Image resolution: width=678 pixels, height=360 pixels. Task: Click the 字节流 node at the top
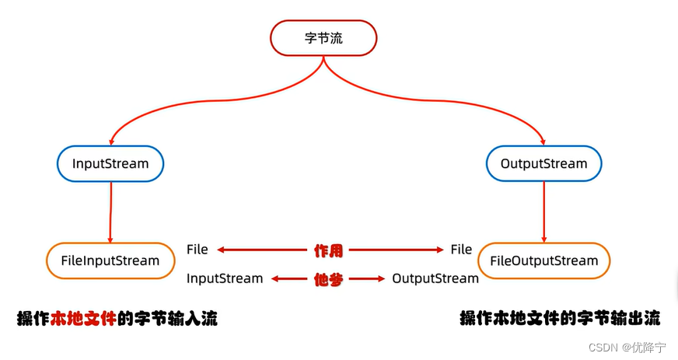pos(323,38)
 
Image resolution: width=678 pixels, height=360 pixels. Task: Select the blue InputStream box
pos(111,164)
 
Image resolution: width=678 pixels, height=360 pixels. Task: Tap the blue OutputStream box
pos(543,164)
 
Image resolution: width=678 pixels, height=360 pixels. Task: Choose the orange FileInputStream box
pos(110,260)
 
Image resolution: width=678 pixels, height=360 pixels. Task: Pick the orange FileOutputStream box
pos(543,260)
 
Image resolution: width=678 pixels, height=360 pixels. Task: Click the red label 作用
pos(328,250)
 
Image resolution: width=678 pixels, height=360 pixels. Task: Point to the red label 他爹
pos(328,279)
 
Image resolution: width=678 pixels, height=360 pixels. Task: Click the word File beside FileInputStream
pos(197,250)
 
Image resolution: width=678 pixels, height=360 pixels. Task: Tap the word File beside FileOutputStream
pos(461,250)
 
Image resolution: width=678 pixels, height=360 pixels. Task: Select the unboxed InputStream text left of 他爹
pos(225,278)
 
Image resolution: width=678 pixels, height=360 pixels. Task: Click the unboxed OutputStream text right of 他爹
pos(435,278)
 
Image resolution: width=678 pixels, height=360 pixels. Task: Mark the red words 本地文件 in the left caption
pos(83,319)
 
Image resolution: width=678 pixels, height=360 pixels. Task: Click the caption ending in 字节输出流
pos(560,319)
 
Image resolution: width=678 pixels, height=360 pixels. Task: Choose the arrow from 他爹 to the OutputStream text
pos(365,279)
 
